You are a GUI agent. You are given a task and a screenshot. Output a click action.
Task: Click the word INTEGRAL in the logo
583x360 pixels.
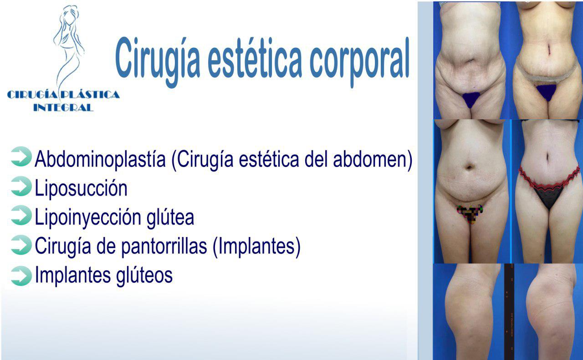pyautogui.click(x=63, y=107)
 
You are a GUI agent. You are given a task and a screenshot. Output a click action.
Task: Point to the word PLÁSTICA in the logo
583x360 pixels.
pyautogui.click(x=90, y=94)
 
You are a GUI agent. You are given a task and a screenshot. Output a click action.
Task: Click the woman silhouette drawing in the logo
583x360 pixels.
pyautogui.click(x=68, y=47)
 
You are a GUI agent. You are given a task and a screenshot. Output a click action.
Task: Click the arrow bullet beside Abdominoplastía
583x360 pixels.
pyautogui.click(x=21, y=156)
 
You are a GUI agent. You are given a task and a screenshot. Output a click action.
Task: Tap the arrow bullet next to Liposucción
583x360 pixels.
pyautogui.click(x=21, y=186)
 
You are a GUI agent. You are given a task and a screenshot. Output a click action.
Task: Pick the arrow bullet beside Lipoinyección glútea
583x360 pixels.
pyautogui.click(x=21, y=215)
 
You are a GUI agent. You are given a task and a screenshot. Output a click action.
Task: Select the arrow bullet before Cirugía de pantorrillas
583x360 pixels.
pyautogui.click(x=21, y=245)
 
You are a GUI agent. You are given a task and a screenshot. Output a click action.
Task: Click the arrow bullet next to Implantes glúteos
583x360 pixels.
pyautogui.click(x=21, y=276)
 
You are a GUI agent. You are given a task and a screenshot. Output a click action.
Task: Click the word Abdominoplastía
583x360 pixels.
pyautogui.click(x=100, y=160)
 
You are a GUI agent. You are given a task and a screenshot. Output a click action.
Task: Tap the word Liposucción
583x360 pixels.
pyautogui.click(x=81, y=188)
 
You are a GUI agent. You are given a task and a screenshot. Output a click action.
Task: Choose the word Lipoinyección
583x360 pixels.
pyautogui.click(x=88, y=218)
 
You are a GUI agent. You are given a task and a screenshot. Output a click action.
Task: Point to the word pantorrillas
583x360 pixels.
pyautogui.click(x=164, y=247)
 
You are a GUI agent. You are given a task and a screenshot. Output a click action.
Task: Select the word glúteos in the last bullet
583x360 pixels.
pyautogui.click(x=144, y=276)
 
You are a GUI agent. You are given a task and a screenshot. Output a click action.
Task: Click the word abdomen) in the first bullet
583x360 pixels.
pyautogui.click(x=373, y=160)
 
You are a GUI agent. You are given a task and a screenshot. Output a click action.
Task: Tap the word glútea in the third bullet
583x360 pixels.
pyautogui.click(x=170, y=218)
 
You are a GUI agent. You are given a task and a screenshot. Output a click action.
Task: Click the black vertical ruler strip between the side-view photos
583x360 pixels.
pyautogui.click(x=509, y=312)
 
